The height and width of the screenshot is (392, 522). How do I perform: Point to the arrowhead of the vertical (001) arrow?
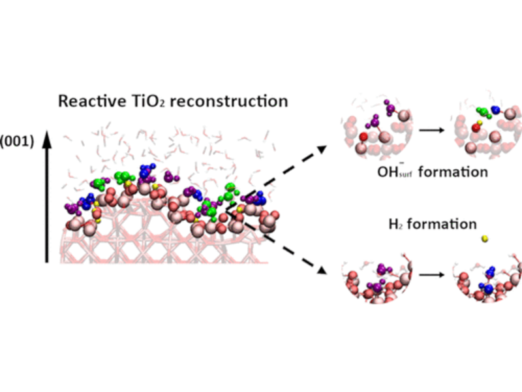[x=47, y=138]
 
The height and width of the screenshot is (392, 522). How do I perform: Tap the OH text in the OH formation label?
[x=385, y=172]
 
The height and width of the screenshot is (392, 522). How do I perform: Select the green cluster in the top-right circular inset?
[x=483, y=112]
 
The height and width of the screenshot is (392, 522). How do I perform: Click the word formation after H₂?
[x=444, y=224]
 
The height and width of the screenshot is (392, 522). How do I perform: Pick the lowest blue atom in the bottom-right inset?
[x=489, y=289]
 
